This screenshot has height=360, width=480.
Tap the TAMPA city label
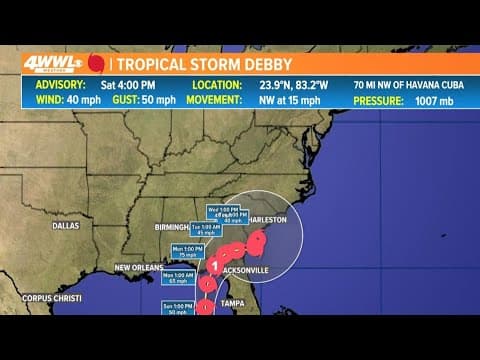coord(234,302)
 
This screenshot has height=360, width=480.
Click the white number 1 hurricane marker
coord(214,264)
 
